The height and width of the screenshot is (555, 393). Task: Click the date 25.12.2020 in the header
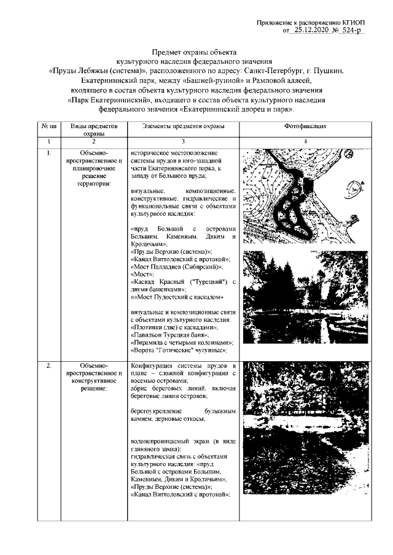point(313,29)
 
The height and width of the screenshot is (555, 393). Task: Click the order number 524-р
point(351,29)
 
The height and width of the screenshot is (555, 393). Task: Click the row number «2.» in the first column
point(49,366)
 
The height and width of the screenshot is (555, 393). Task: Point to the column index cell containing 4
point(305,142)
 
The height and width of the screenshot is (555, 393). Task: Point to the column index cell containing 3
point(183,142)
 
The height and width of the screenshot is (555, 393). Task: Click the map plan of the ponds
point(305,197)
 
